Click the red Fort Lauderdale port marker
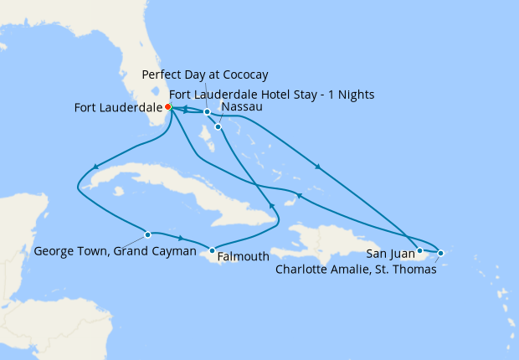click(168, 107)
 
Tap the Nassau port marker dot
click(218, 127)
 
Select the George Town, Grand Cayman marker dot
click(147, 234)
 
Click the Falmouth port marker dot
click(212, 250)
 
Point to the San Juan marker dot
click(419, 250)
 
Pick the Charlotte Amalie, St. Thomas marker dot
click(441, 253)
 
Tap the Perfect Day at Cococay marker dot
click(207, 111)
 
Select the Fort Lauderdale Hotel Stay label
click(271, 93)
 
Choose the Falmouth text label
click(242, 257)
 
